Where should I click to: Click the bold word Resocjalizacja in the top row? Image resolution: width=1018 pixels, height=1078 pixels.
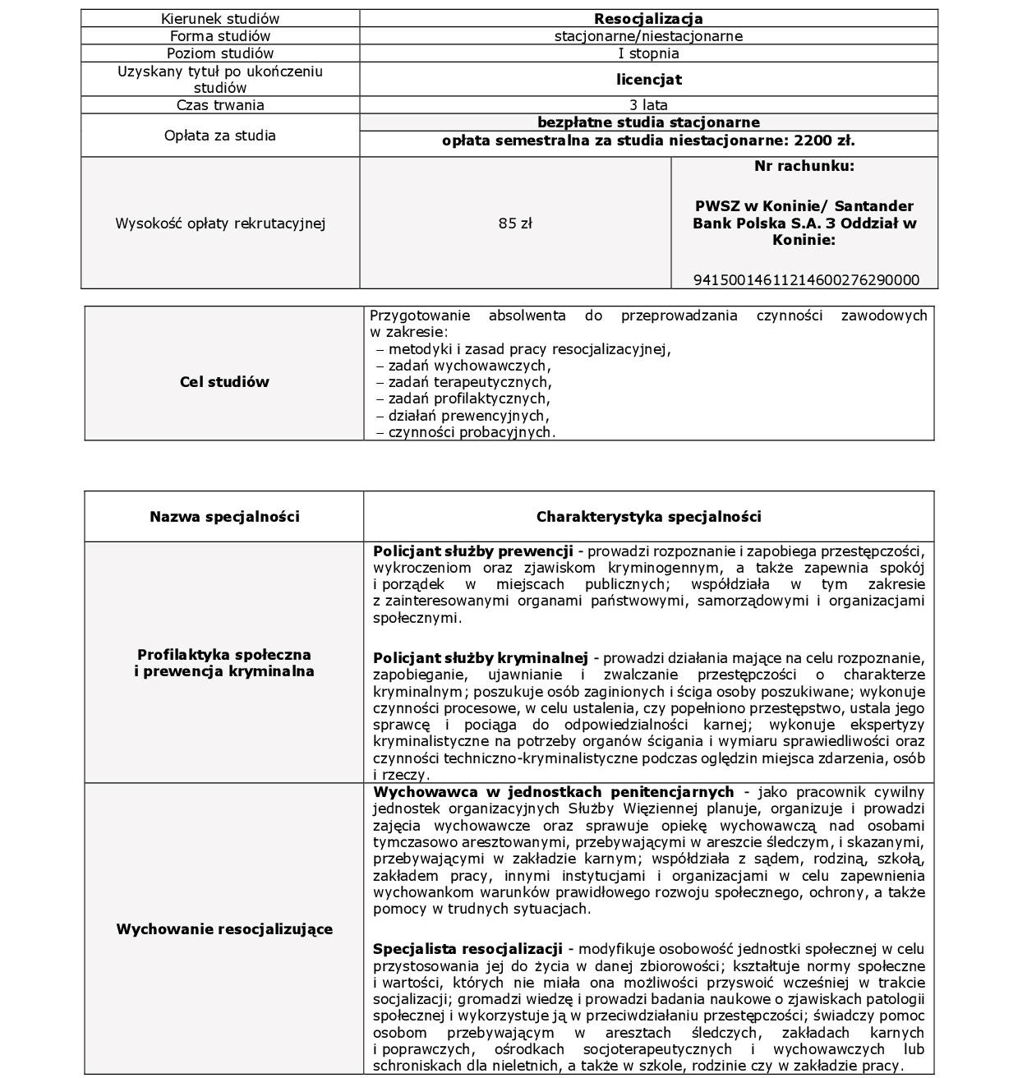tap(648, 19)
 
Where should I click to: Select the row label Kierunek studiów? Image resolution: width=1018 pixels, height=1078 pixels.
tap(220, 19)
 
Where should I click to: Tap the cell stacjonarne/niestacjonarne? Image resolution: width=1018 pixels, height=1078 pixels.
tap(648, 36)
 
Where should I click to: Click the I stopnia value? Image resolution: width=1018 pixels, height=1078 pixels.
tap(648, 53)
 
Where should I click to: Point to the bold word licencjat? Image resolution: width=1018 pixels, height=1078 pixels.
tap(648, 80)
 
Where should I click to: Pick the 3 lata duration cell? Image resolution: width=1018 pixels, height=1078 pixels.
tap(648, 105)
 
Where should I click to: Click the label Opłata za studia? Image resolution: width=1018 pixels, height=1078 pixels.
tap(220, 136)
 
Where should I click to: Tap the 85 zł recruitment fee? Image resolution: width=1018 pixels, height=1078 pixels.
tap(515, 223)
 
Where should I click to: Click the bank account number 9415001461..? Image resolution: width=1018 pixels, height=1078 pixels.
tap(806, 280)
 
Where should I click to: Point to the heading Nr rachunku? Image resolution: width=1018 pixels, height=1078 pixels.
tap(804, 166)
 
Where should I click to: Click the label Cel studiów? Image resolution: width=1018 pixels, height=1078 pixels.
tap(224, 382)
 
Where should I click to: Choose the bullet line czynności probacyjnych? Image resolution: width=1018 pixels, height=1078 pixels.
tap(471, 432)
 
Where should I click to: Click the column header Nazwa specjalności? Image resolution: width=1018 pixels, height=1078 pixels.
tap(224, 517)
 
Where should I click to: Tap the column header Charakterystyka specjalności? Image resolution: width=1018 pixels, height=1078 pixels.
tap(648, 517)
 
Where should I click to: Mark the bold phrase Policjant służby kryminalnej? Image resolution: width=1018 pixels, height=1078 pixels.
tap(481, 658)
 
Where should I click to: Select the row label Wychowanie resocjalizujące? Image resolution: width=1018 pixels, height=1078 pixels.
tap(224, 929)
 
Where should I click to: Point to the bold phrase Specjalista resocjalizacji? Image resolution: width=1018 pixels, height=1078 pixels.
tap(468, 949)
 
